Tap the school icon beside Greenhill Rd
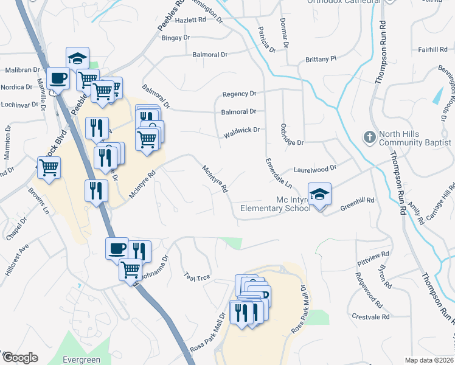[319, 195]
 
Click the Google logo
[19, 358]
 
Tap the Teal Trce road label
[196, 277]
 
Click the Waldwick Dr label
[240, 130]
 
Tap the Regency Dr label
[239, 94]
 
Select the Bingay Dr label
[176, 38]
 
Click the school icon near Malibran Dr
[77, 58]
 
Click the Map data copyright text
[429, 360]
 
